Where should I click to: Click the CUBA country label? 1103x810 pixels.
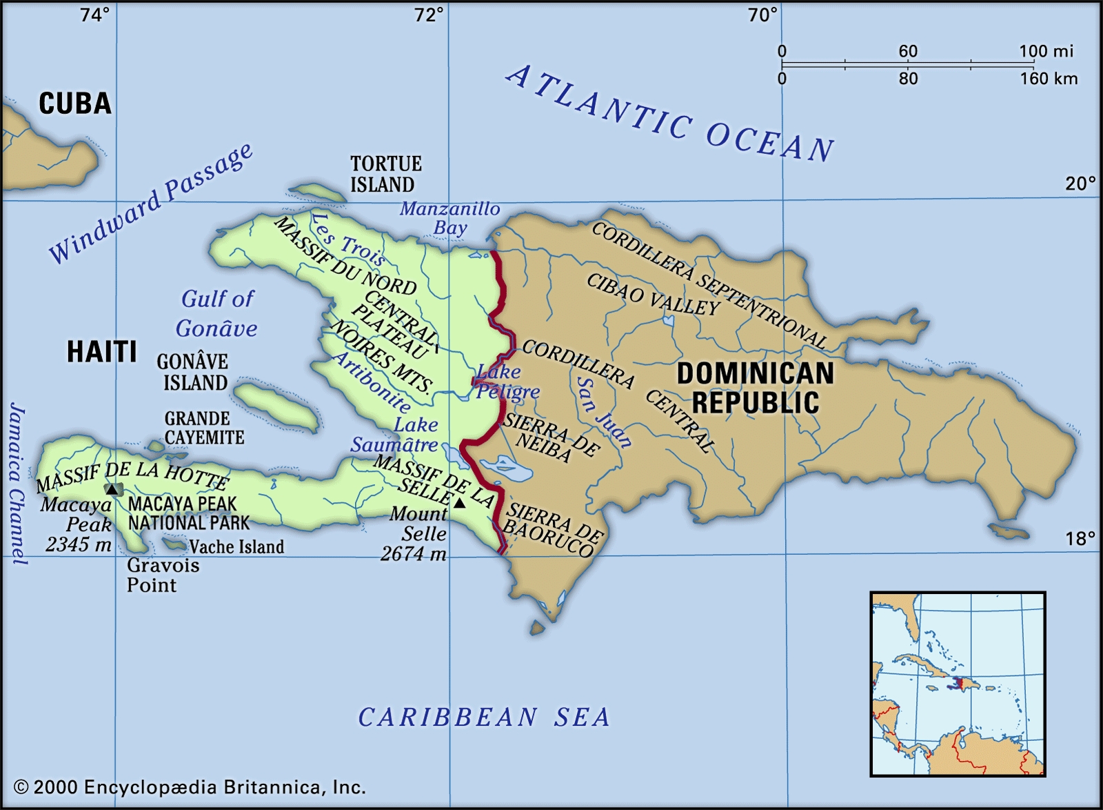point(74,104)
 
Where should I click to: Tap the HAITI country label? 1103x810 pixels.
point(101,352)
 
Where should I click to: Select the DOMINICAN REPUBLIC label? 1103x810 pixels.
point(755,388)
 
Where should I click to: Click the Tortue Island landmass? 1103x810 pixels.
point(316,192)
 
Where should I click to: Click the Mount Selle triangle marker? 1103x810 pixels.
point(460,503)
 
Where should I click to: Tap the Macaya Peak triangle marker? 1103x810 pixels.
point(111,489)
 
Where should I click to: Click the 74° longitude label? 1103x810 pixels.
point(94,14)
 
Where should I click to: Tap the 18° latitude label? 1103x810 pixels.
point(1080,539)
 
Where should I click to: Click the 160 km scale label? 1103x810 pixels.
point(1049,79)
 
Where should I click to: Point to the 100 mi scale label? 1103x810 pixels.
point(1046,51)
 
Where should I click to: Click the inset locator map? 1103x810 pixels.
point(958,684)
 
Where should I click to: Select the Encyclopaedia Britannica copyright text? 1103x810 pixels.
point(190,787)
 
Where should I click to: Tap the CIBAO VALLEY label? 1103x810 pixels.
point(653,294)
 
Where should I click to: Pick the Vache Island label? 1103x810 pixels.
point(236,547)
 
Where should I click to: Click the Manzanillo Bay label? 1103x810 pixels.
point(450,218)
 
